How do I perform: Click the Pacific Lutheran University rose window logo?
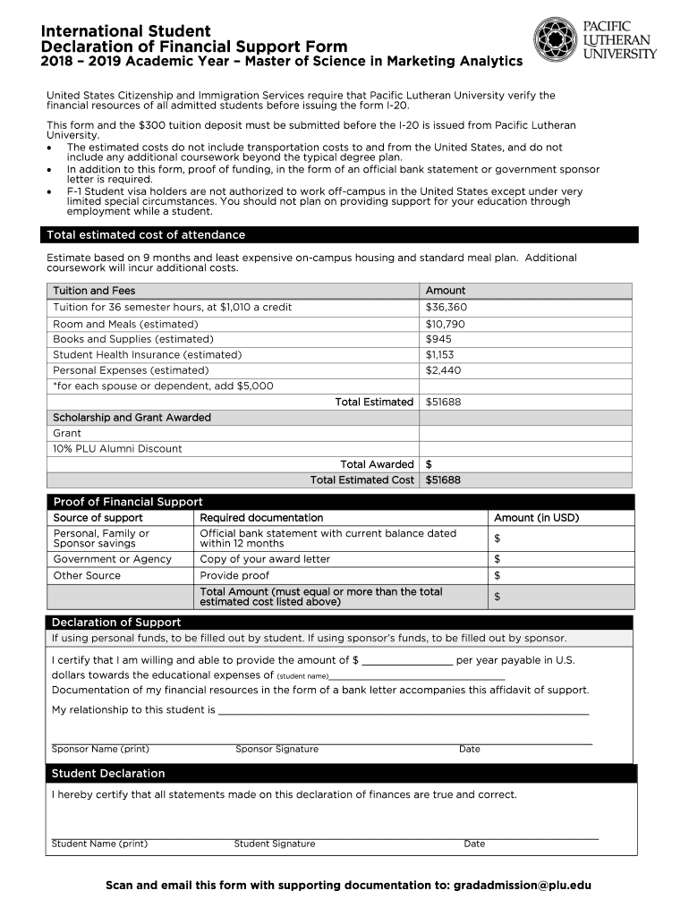[x=556, y=39]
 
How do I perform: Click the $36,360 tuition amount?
[x=447, y=307]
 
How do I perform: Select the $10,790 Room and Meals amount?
[x=446, y=324]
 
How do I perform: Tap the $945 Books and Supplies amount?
[x=438, y=339]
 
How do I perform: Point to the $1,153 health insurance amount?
[x=440, y=354]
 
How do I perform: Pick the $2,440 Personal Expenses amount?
[x=443, y=369]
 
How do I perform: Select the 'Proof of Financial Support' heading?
[x=128, y=502]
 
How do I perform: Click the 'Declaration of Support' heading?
[x=116, y=623]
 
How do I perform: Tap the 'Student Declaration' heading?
[x=108, y=773]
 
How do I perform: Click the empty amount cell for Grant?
[x=524, y=433]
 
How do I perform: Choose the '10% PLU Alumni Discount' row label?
[x=117, y=448]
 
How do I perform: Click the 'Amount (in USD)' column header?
[x=536, y=517]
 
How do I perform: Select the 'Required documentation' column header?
[x=261, y=517]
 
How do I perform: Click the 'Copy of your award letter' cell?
[x=265, y=559]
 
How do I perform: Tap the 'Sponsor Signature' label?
[x=276, y=749]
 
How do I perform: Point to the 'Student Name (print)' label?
[x=99, y=844]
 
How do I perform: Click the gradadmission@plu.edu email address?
[x=523, y=886]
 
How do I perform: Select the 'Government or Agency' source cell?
[x=112, y=559]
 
